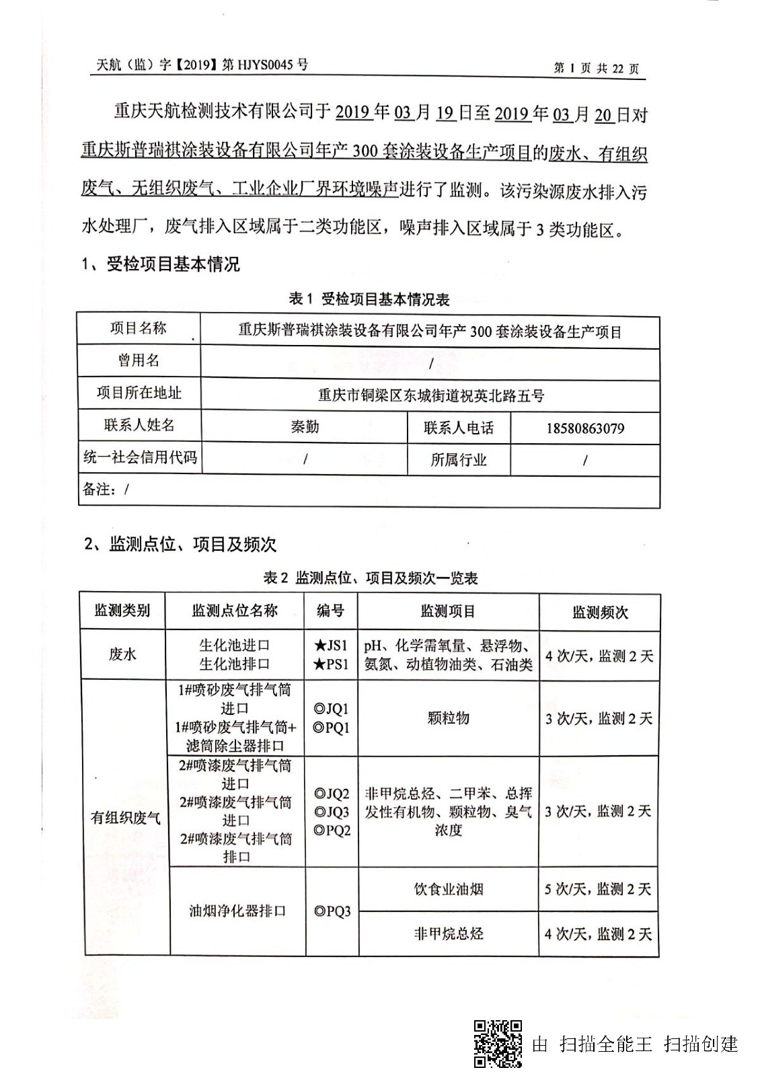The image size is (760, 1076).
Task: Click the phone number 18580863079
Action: [x=584, y=428]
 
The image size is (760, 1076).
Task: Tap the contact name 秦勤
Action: [x=304, y=426]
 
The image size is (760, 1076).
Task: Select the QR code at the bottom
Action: [x=498, y=1043]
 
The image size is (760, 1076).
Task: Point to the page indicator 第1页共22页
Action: [x=596, y=68]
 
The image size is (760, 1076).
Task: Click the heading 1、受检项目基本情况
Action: [x=161, y=264]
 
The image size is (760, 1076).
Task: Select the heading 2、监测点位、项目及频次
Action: [x=180, y=544]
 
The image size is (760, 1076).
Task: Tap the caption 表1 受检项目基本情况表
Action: [x=369, y=299]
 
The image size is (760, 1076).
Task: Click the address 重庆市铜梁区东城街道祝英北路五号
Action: [x=430, y=395]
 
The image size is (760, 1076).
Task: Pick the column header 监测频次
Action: [x=599, y=612]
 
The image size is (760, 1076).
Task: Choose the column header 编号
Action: [x=330, y=611]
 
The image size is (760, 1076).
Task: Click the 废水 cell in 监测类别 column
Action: [x=122, y=654]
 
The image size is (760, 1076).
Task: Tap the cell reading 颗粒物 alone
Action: [x=448, y=718]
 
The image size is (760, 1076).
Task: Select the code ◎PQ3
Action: [x=332, y=911]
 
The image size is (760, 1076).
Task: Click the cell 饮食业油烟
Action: [x=448, y=889]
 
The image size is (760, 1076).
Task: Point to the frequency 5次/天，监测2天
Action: [x=598, y=889]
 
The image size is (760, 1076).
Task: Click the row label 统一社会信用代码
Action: [x=140, y=458]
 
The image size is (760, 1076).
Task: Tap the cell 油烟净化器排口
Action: [x=237, y=911]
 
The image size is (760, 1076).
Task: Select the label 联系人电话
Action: [x=459, y=428]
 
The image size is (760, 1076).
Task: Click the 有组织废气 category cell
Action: [x=126, y=817]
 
